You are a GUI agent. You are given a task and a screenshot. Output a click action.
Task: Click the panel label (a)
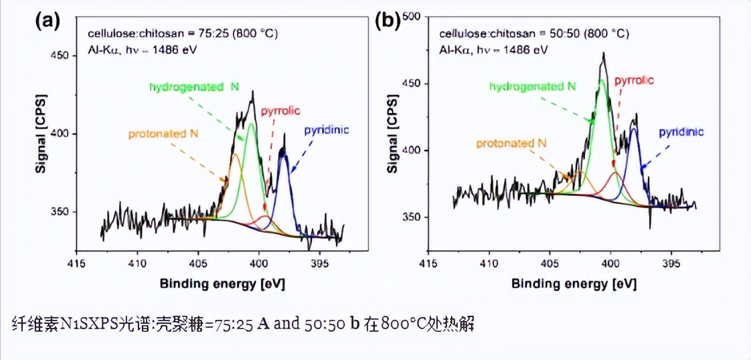(x=48, y=21)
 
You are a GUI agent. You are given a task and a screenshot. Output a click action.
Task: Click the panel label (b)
(x=388, y=21)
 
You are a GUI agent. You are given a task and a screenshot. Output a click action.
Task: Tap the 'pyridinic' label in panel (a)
(x=327, y=130)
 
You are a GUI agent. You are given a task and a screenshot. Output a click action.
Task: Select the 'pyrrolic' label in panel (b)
(x=633, y=80)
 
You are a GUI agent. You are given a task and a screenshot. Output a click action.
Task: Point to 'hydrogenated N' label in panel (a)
(x=193, y=87)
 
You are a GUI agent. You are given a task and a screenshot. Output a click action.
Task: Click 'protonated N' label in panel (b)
(x=511, y=143)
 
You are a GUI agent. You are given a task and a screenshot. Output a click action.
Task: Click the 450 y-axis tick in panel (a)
(x=60, y=56)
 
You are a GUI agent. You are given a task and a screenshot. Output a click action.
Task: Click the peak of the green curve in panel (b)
(x=602, y=80)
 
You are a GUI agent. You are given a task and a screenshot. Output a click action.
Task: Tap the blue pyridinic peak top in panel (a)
(x=284, y=153)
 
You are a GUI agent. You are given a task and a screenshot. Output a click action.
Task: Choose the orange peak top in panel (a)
(x=234, y=155)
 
